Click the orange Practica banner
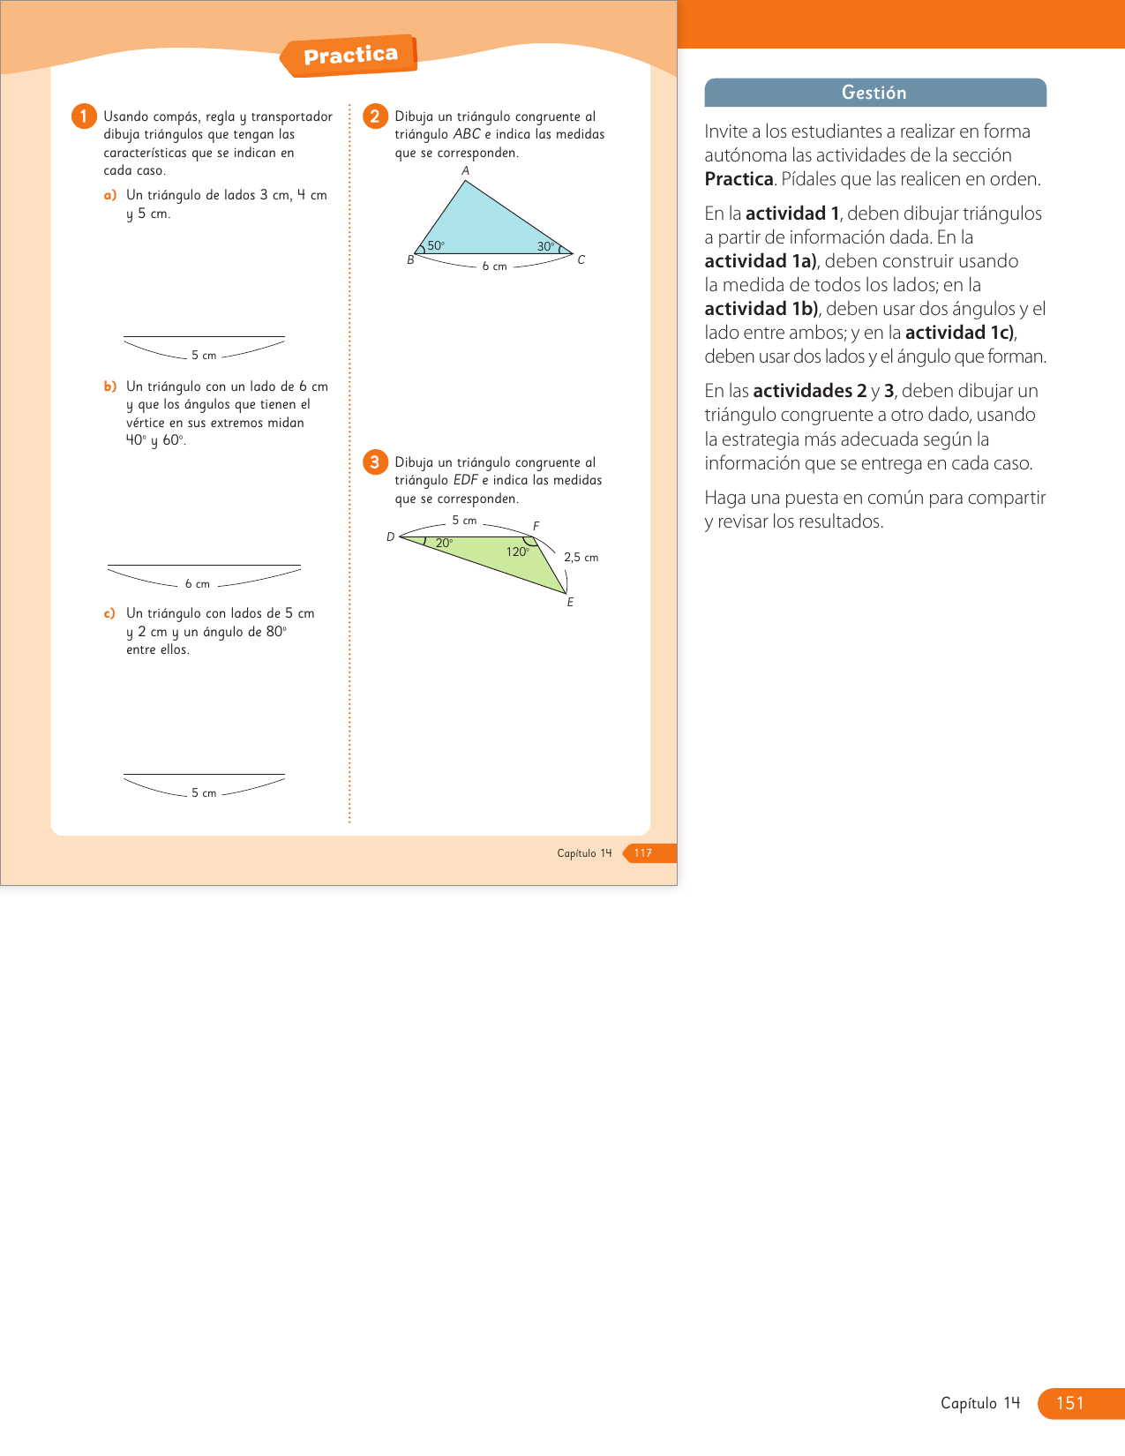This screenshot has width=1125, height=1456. (x=350, y=56)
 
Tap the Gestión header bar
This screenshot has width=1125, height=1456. (x=874, y=93)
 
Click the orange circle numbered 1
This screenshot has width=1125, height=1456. (x=84, y=116)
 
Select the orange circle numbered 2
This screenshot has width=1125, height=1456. (x=375, y=116)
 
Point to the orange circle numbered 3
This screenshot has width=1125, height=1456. (x=375, y=462)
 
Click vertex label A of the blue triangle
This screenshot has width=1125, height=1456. (x=466, y=171)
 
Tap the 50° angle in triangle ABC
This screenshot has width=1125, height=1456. (x=435, y=246)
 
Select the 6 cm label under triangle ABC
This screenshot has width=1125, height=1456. (x=494, y=266)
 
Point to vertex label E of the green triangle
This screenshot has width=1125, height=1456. (x=570, y=603)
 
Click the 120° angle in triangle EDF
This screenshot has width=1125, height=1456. (x=517, y=552)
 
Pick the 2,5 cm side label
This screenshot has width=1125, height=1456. (x=581, y=558)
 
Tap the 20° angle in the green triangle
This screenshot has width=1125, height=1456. (x=444, y=544)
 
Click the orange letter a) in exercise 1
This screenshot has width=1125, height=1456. (x=110, y=195)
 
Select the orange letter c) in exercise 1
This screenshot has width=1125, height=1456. (x=109, y=613)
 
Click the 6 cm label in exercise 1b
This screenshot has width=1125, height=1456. (x=198, y=584)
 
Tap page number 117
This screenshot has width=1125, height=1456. (x=643, y=853)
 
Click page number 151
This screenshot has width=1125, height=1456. (x=1069, y=1403)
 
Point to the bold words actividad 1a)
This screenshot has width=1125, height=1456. (x=761, y=261)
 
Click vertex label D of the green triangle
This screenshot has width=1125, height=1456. (x=391, y=537)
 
